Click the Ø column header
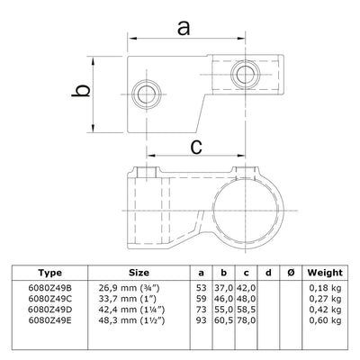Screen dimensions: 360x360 click(288, 273)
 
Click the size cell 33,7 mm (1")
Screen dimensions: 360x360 click(131, 298)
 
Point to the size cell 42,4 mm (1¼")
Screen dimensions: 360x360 click(135, 308)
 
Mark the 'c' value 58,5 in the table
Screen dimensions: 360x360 click(245, 308)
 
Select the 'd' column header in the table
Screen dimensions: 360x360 click(268, 273)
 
